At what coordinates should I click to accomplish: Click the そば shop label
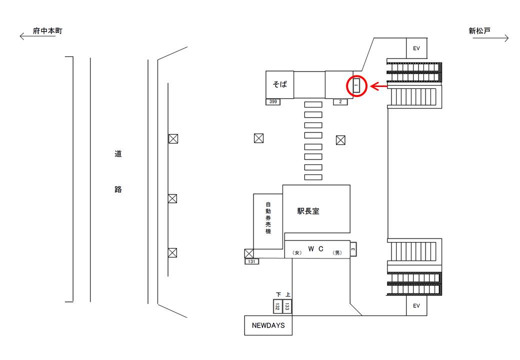(279, 84)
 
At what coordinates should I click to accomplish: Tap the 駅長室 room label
(308, 211)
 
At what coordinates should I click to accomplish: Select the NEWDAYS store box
(268, 325)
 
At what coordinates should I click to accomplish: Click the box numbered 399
(273, 102)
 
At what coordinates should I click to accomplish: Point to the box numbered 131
(251, 261)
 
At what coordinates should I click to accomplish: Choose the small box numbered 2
(340, 102)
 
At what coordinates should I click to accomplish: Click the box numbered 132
(277, 306)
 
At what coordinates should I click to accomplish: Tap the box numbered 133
(287, 306)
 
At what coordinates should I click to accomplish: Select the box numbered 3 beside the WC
(353, 249)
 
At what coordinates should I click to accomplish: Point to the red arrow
(378, 86)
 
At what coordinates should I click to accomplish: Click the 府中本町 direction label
(47, 31)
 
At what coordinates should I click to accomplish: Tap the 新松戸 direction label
(479, 31)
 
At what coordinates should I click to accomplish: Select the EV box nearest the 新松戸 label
(416, 48)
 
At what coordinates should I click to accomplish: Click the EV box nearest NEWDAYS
(416, 305)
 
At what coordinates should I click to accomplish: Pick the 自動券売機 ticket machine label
(268, 218)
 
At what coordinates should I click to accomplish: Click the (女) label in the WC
(297, 252)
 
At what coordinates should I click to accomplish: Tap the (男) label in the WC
(337, 252)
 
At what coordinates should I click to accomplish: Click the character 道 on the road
(118, 153)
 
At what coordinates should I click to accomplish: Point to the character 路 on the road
(118, 189)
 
